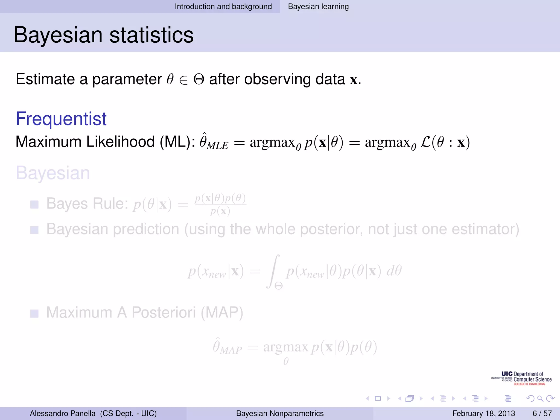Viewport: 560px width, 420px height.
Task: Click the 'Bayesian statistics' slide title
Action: [x=103, y=35]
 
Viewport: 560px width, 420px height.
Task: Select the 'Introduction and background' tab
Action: [x=223, y=7]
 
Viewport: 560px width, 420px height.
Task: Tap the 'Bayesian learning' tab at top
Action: [x=318, y=7]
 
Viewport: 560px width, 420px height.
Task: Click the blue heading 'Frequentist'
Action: [x=61, y=119]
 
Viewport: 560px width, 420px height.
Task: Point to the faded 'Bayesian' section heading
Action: [x=53, y=173]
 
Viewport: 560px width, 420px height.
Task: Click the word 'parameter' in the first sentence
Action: [x=127, y=79]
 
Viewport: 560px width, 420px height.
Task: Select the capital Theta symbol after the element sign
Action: [x=199, y=80]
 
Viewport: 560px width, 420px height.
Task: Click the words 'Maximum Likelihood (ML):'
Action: [x=105, y=142]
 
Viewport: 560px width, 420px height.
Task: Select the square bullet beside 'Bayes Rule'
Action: [x=34, y=204]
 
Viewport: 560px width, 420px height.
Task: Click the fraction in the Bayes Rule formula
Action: [x=220, y=204]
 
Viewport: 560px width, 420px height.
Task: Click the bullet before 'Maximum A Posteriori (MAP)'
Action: [x=34, y=313]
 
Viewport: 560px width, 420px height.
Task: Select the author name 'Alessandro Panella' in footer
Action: [x=63, y=413]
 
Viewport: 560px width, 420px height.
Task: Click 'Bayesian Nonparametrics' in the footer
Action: [x=280, y=413]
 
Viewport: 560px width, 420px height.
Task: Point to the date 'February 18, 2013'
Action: [x=483, y=413]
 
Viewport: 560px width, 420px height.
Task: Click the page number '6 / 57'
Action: [x=542, y=413]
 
